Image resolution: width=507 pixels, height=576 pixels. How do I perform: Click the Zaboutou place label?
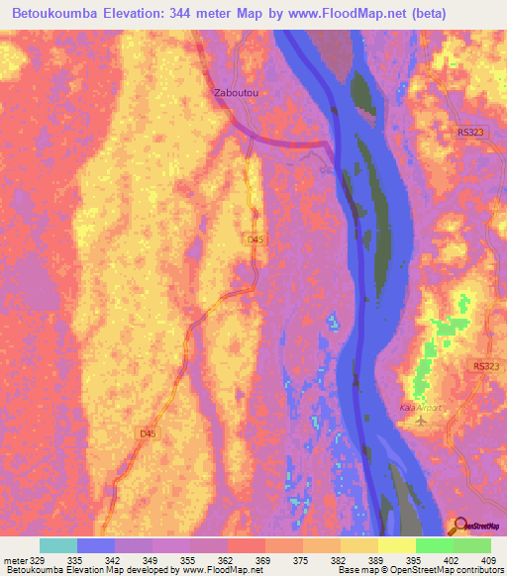pos(236,93)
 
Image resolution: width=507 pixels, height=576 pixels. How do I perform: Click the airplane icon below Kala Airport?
pos(425,420)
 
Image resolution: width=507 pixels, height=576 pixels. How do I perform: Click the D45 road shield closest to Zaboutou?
pos(255,240)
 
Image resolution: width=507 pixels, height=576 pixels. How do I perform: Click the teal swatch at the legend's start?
pos(58,545)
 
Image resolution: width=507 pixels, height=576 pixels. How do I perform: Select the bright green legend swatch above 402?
pos(435,545)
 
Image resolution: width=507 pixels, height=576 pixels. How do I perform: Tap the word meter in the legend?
pos(15,560)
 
